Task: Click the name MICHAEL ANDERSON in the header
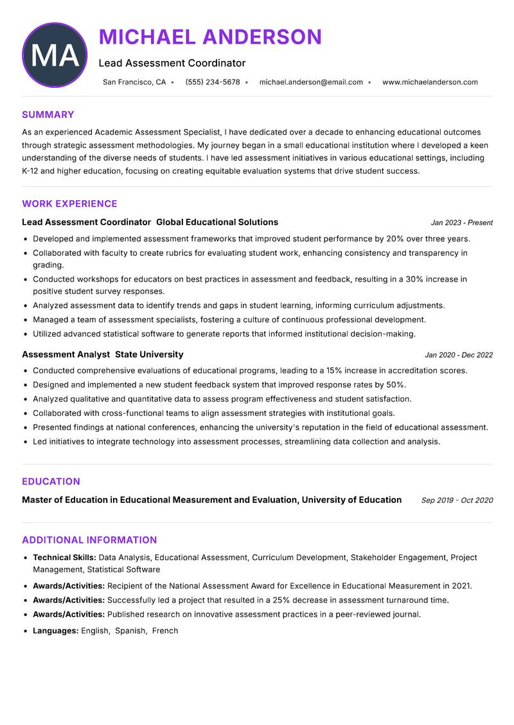tap(210, 37)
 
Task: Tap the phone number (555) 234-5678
tap(213, 82)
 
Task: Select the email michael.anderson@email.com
tap(311, 82)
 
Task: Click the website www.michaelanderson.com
tap(430, 82)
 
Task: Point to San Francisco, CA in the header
tap(134, 82)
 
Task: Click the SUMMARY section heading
tap(48, 115)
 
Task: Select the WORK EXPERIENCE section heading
tap(69, 204)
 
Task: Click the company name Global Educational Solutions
tap(217, 222)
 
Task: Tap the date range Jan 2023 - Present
tap(461, 223)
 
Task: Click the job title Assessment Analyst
tap(66, 354)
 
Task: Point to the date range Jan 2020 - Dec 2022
tap(459, 355)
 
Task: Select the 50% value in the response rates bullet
tap(395, 385)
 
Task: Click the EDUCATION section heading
tap(51, 481)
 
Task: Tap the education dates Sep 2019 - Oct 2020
tap(457, 500)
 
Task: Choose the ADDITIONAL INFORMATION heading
tap(89, 540)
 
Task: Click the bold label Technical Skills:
tap(64, 558)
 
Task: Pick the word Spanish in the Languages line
tap(130, 631)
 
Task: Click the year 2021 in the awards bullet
tap(460, 586)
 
